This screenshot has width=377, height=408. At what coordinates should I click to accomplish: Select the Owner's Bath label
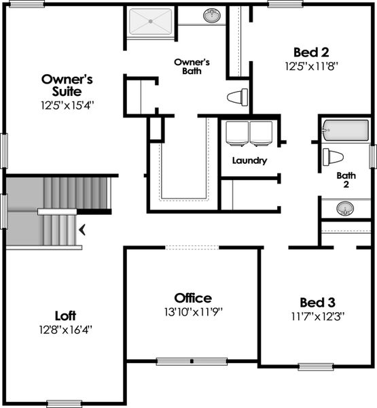coord(192,65)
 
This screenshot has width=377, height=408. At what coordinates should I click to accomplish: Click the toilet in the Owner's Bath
coord(237,97)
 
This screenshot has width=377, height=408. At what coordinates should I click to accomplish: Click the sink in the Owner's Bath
coord(211,14)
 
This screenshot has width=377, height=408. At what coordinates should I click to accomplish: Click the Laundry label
coord(249,161)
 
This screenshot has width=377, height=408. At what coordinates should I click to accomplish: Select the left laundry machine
coord(236,133)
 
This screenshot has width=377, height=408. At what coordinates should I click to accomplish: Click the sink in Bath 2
coord(346,209)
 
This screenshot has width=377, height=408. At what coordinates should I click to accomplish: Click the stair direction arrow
coord(83,230)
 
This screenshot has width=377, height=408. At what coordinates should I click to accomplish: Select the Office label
coord(193,298)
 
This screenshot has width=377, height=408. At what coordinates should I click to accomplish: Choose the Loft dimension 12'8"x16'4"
coord(65,330)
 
